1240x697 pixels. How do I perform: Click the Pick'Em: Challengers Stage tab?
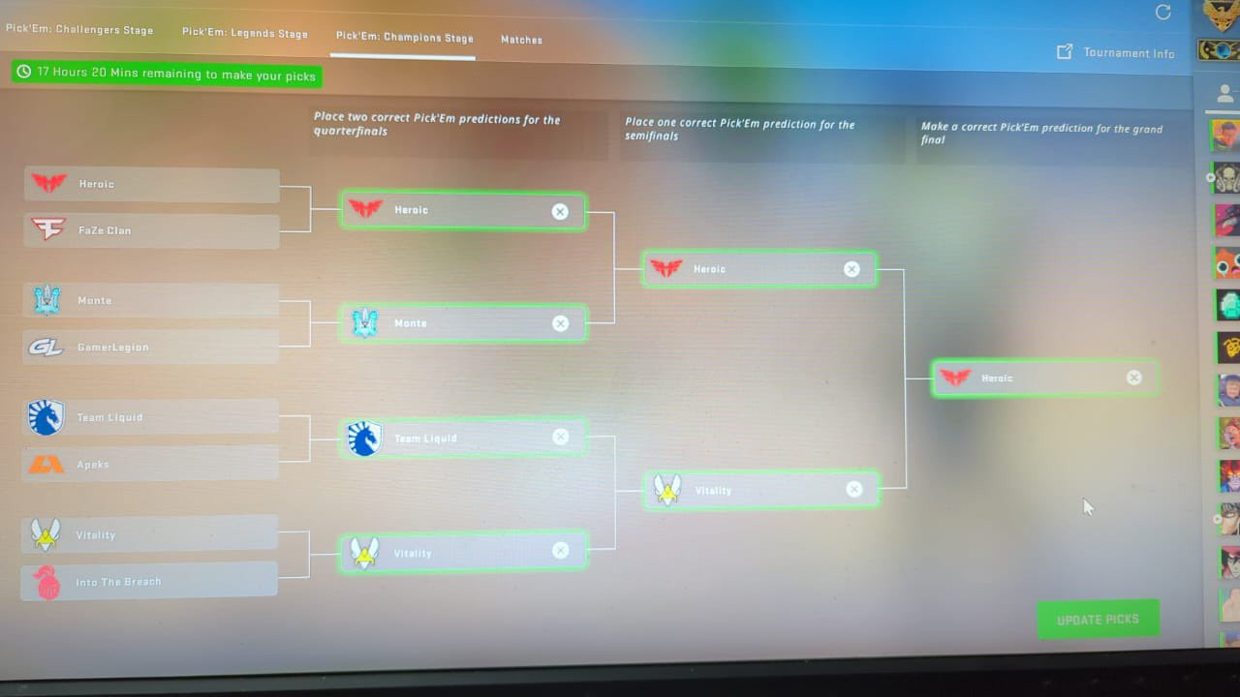pos(79,29)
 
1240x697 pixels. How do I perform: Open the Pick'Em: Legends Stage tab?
pos(245,33)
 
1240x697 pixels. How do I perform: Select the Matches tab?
pos(521,40)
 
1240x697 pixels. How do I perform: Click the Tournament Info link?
pos(1115,52)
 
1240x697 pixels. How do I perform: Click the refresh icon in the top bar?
pos(1163,13)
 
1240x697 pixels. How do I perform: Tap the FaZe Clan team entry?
pos(151,230)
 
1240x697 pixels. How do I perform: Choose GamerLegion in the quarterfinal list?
pos(150,347)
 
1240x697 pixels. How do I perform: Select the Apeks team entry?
pos(150,464)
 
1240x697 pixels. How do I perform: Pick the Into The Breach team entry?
pos(149,581)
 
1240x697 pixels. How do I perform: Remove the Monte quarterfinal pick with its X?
pos(560,323)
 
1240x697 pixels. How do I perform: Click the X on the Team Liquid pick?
pos(560,437)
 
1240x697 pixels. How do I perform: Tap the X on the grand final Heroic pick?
pos(1133,378)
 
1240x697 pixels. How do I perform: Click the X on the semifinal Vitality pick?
pos(854,489)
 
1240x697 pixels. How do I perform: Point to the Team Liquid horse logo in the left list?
pos(46,417)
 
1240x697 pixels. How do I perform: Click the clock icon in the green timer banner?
pos(24,72)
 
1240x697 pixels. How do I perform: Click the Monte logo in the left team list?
pos(47,300)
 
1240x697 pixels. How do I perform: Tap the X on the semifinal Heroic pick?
pos(852,269)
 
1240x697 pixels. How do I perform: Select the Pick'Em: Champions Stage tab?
pos(405,37)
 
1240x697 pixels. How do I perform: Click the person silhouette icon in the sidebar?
pos(1225,94)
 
